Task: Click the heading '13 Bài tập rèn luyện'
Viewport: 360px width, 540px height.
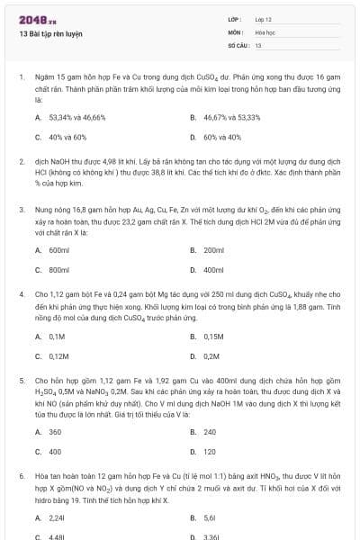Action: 50,33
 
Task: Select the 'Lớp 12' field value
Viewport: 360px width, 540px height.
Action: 263,19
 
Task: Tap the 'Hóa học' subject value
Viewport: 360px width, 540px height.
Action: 265,31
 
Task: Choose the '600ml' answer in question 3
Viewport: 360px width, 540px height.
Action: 58,249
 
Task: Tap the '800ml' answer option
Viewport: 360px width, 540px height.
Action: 58,270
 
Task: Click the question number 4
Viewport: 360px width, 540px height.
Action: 21,294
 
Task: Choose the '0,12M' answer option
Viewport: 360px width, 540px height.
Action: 58,357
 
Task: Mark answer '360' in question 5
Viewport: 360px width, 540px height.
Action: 55,432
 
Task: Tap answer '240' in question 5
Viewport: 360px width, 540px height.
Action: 210,432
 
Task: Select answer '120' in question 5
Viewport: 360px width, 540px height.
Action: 210,452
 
